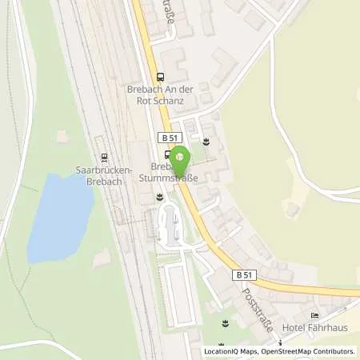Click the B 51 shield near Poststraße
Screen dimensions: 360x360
point(246,274)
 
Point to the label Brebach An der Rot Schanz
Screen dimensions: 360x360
point(161,90)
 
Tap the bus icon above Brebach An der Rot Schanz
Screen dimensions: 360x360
point(161,78)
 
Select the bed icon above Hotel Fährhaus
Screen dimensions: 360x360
point(314,316)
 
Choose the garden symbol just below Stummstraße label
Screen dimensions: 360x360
point(161,194)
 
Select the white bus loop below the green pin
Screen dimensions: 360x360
point(172,223)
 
